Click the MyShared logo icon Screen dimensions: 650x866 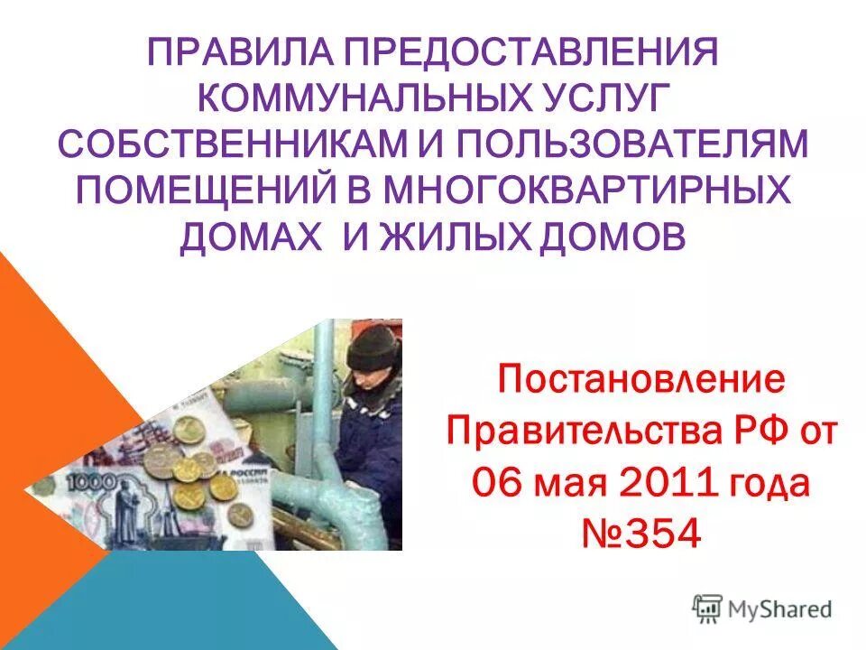[707, 609]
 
